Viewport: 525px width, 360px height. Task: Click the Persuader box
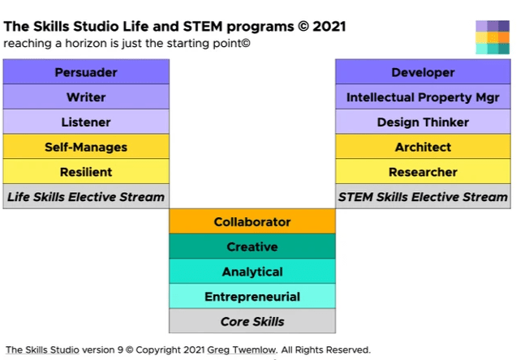point(86,71)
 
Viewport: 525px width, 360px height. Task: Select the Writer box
point(86,96)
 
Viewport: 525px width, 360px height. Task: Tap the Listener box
point(86,122)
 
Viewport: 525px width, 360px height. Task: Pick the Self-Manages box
point(86,147)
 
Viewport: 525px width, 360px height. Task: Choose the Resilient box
point(86,171)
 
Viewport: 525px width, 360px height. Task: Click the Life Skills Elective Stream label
point(86,196)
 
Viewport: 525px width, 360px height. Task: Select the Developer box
point(423,71)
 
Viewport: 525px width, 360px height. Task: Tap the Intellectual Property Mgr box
point(423,96)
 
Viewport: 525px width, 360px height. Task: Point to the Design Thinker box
point(423,122)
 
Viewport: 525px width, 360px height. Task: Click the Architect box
point(423,147)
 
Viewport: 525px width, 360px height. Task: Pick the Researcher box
point(423,171)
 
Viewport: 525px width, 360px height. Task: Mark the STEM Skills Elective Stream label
point(423,196)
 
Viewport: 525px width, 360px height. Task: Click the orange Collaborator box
point(252,221)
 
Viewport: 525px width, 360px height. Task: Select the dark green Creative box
point(252,246)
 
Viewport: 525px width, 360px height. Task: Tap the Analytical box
point(252,271)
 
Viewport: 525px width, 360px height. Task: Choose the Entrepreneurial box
point(252,296)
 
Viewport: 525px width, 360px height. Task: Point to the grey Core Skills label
point(252,321)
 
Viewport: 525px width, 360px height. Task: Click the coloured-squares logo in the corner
point(493,37)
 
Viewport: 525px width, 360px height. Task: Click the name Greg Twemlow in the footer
point(242,350)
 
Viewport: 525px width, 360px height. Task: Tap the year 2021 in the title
point(329,27)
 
